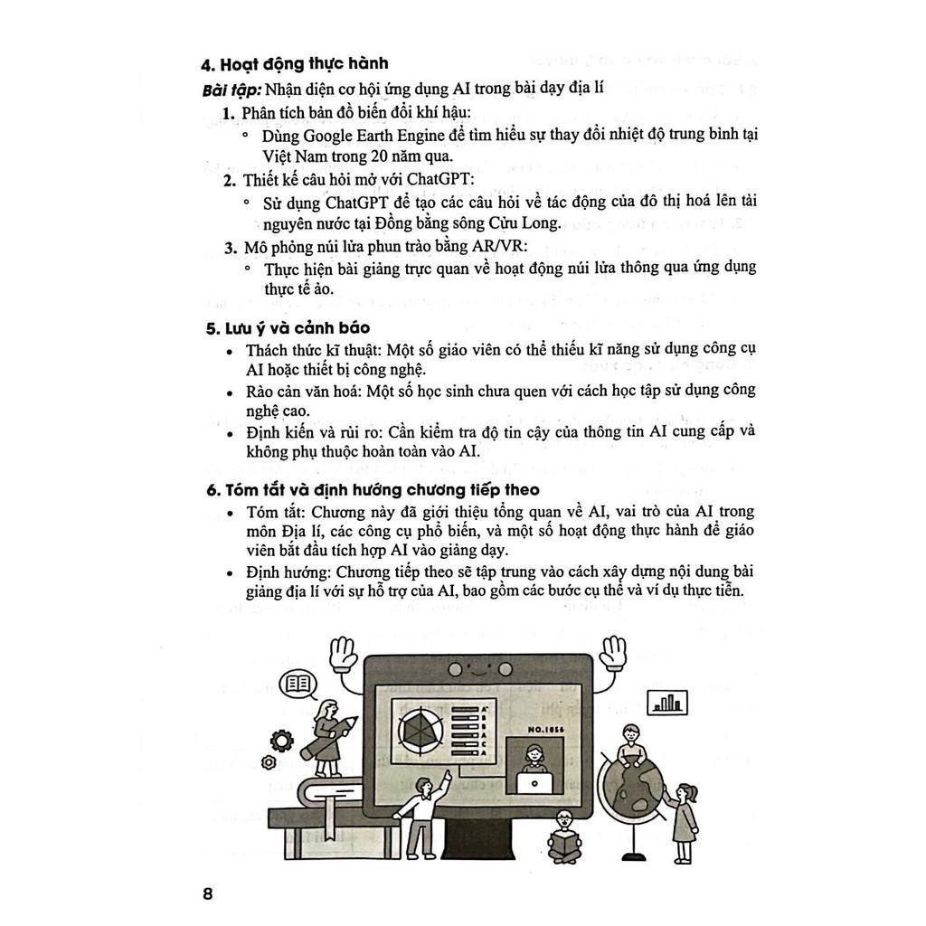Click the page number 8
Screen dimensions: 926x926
pos(208,894)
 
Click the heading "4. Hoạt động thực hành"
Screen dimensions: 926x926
pos(295,63)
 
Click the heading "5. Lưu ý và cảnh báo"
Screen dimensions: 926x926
pos(288,327)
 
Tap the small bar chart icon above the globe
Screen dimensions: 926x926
pos(666,702)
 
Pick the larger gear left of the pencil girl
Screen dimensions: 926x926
pos(282,741)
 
